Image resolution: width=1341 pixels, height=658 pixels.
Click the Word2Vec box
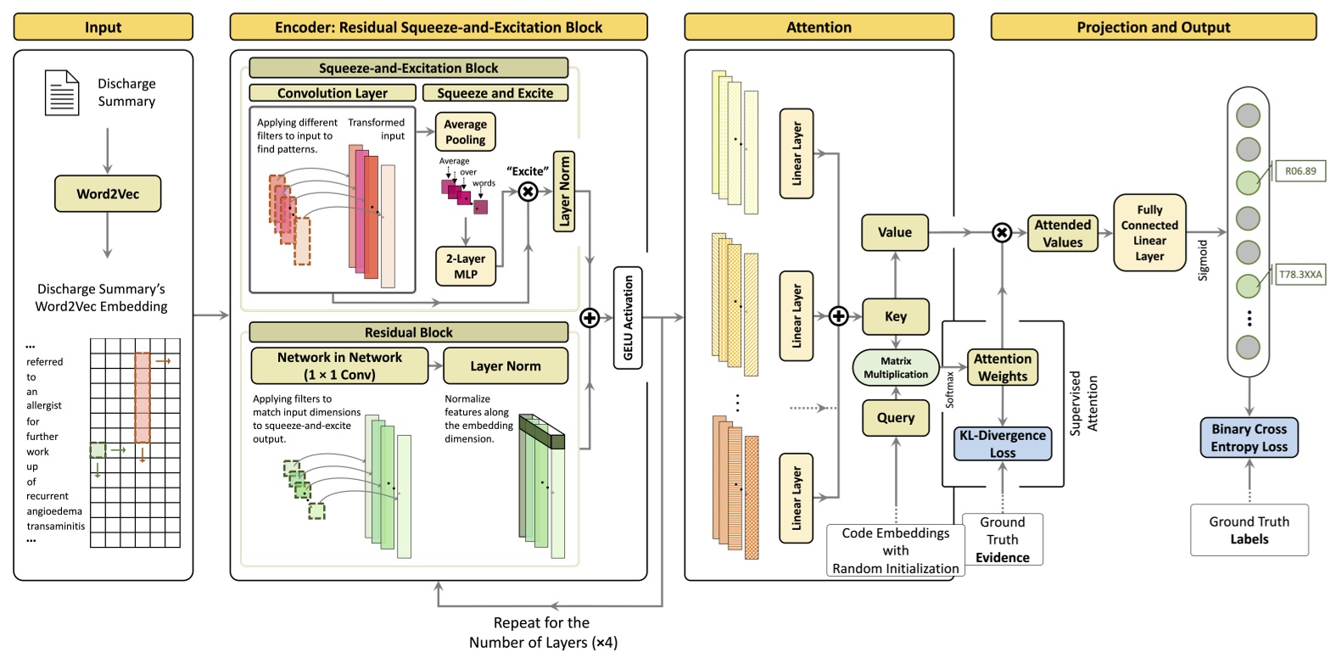[108, 193]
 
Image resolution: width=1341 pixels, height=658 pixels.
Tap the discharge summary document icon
[62, 92]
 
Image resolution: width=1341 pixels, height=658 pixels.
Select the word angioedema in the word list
[54, 511]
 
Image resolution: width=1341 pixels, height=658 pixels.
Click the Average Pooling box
[465, 132]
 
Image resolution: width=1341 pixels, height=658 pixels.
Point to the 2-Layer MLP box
[465, 266]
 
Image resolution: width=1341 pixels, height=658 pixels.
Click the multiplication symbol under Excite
[528, 192]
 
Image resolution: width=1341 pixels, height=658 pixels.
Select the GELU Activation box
[628, 317]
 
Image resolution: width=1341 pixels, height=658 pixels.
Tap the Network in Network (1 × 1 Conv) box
[339, 365]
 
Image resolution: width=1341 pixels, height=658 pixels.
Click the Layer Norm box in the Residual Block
[506, 365]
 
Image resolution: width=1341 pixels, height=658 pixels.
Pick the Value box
[895, 232]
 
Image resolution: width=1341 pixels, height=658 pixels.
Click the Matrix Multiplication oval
[896, 367]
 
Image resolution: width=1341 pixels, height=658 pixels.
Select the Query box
[896, 417]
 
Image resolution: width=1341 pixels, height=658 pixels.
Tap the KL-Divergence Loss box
[1003, 443]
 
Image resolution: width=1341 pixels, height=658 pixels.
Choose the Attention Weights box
[1003, 367]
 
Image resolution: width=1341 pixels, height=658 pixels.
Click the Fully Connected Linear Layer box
[1149, 232]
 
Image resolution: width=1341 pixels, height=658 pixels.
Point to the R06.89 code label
[1300, 171]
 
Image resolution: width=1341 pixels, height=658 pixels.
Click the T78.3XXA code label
[1300, 274]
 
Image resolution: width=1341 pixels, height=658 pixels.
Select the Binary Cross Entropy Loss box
[1249, 438]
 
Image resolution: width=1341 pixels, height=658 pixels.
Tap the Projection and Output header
[1153, 27]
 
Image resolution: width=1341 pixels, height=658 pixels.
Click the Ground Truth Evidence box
[1003, 539]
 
